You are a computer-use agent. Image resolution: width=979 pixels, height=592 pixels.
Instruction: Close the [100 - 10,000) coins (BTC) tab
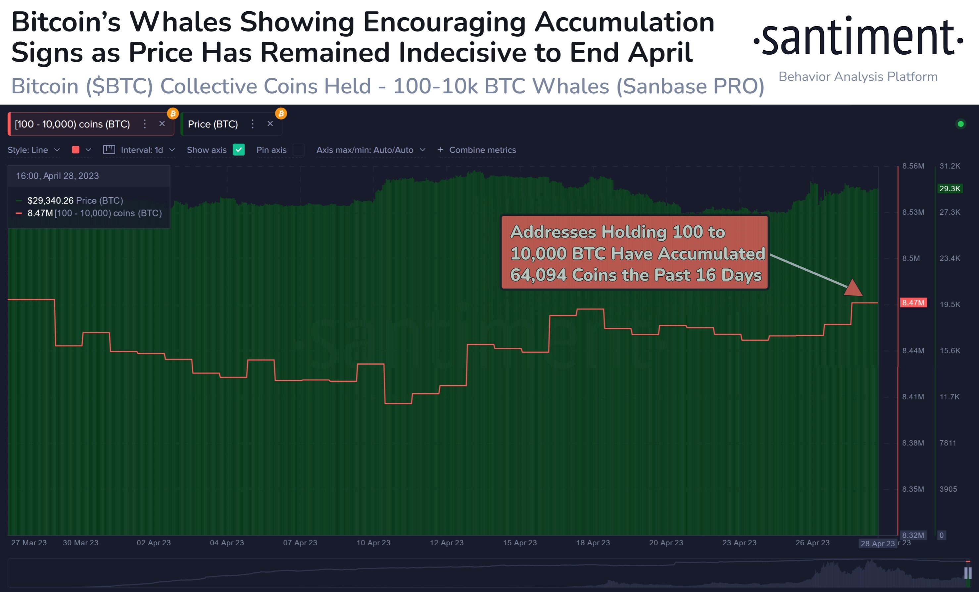click(x=162, y=124)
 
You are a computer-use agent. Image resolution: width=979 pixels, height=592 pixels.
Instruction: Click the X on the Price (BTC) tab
click(x=270, y=124)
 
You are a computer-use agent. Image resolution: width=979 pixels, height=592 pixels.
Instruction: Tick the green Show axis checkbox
click(x=238, y=150)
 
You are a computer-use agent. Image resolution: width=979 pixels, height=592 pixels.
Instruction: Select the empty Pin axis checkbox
click(x=298, y=150)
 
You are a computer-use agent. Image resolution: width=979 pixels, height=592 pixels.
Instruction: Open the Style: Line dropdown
click(x=34, y=150)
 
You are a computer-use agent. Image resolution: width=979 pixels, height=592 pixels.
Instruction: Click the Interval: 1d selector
click(x=139, y=150)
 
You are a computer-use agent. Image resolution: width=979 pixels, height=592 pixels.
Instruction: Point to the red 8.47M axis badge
click(x=913, y=302)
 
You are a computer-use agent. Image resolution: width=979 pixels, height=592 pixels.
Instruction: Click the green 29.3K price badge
click(x=949, y=188)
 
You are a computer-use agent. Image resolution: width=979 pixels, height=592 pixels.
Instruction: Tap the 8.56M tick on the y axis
click(x=913, y=166)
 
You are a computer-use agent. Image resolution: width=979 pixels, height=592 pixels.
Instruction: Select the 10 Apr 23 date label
click(x=373, y=542)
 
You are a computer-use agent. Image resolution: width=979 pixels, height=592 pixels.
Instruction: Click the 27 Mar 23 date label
click(x=28, y=542)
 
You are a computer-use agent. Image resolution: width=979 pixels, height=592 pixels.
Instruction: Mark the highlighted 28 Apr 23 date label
click(x=877, y=543)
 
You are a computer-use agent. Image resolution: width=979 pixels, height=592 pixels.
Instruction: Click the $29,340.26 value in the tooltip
click(x=50, y=201)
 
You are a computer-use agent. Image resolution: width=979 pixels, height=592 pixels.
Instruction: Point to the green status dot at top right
click(x=960, y=124)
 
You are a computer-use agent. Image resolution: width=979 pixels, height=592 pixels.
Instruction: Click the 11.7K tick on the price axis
click(x=949, y=397)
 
